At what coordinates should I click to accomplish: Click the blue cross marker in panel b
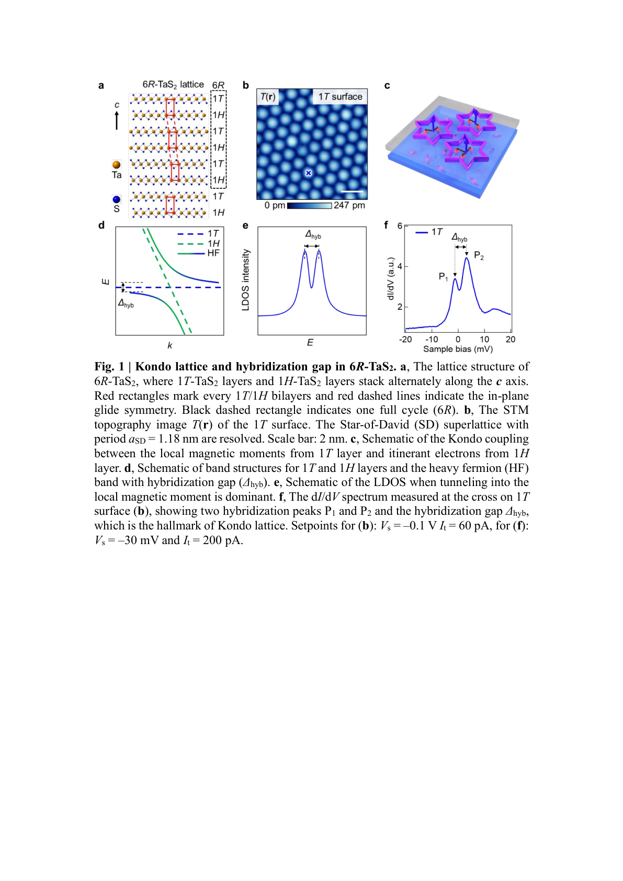click(x=309, y=173)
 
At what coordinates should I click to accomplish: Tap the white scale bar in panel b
click(x=355, y=191)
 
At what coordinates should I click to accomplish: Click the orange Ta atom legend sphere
click(x=116, y=165)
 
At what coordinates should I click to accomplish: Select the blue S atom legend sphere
click(x=116, y=199)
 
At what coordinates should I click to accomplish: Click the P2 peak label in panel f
click(x=479, y=255)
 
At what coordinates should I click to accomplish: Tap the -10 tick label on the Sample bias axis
click(x=432, y=339)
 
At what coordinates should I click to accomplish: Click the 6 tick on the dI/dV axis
click(x=400, y=226)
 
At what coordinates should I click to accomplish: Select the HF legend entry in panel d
click(x=199, y=253)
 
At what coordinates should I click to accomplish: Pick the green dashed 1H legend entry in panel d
click(x=198, y=244)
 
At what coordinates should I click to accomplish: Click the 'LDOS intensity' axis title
click(x=245, y=280)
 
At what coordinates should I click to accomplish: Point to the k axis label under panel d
click(x=169, y=345)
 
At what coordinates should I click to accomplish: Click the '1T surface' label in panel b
click(x=340, y=97)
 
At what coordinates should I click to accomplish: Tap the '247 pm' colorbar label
click(x=349, y=205)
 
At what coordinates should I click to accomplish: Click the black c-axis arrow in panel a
click(x=117, y=120)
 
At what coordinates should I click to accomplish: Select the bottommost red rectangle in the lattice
click(x=170, y=205)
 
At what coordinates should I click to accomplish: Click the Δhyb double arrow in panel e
click(x=312, y=246)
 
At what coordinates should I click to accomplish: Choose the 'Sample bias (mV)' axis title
click(x=458, y=349)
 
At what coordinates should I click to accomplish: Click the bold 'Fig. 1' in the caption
click(x=109, y=366)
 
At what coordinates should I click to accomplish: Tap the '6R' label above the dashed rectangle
click(x=218, y=85)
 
